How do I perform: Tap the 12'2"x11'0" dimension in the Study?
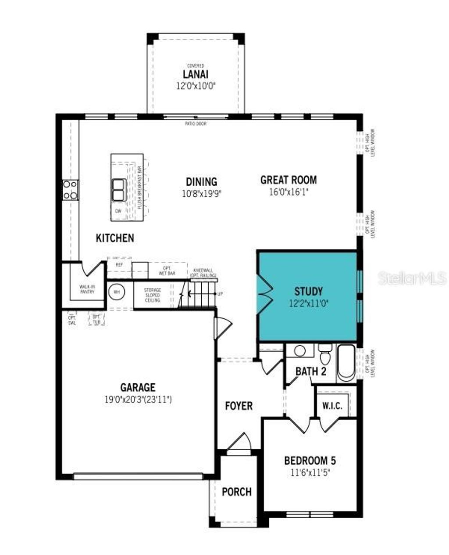click(x=308, y=303)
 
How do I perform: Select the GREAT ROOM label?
click(x=288, y=180)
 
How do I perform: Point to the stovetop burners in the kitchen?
click(x=70, y=190)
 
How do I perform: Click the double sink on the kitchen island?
click(x=119, y=190)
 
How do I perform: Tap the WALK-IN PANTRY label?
click(x=87, y=289)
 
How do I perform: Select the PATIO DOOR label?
click(x=196, y=124)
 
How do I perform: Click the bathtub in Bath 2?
click(x=346, y=363)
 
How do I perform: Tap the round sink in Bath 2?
click(x=300, y=351)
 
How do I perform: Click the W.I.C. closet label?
click(x=332, y=406)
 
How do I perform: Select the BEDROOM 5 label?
click(x=310, y=461)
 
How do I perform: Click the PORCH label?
click(x=237, y=492)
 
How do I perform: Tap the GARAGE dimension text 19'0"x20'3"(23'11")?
click(x=138, y=400)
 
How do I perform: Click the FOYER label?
click(x=239, y=406)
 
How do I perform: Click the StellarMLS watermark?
click(x=412, y=278)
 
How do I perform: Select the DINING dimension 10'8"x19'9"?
click(x=201, y=193)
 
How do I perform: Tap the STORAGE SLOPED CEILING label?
click(x=153, y=295)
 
